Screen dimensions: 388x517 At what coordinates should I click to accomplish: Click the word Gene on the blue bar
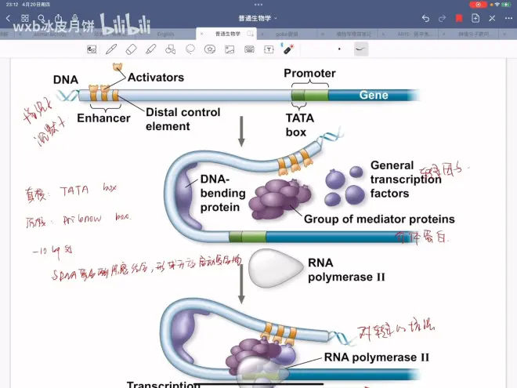point(374,96)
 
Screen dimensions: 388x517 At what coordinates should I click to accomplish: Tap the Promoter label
point(309,74)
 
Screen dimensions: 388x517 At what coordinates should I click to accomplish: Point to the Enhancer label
point(103,118)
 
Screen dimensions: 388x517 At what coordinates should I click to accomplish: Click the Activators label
point(156,78)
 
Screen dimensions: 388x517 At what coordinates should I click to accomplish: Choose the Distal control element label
point(183,119)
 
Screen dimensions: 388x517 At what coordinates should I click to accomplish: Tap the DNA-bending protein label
point(222,194)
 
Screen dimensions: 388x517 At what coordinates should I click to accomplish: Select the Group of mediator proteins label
point(379,219)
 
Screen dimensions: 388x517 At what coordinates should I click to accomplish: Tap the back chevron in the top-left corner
point(8,18)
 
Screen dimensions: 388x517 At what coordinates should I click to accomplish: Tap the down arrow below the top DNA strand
point(241,132)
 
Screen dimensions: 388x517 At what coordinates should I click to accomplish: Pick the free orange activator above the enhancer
point(117,69)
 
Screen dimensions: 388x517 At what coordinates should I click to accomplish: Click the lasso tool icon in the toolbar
point(190,49)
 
